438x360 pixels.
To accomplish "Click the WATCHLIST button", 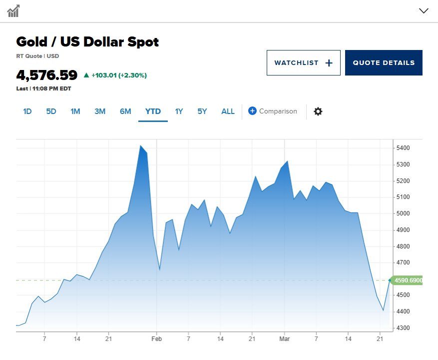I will click(303, 62).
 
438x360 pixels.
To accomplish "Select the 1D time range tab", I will click(27, 111).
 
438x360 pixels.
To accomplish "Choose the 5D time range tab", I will click(51, 111).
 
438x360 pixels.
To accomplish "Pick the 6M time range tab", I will click(125, 111).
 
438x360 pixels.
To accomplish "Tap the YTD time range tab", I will click(153, 111).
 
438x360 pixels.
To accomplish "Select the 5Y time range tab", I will click(202, 111).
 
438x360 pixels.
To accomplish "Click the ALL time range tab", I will click(228, 111).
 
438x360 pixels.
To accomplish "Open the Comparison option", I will click(273, 111).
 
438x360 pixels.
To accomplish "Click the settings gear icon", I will click(318, 111).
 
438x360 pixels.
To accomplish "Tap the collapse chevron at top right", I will click(424, 10).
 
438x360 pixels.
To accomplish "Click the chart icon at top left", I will click(13, 10).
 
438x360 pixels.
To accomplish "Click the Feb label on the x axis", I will click(156, 339).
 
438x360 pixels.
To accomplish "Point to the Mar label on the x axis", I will click(285, 339).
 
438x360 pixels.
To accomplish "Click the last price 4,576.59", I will click(47, 75).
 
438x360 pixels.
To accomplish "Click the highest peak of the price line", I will click(140, 145).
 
